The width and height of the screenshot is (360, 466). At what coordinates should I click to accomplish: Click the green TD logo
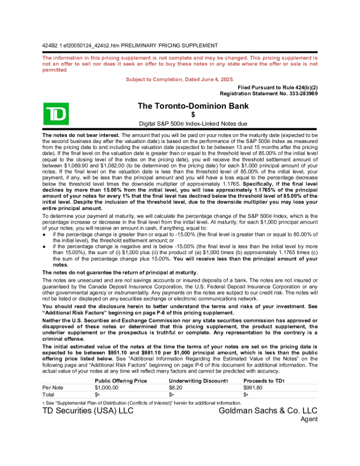tap(56, 114)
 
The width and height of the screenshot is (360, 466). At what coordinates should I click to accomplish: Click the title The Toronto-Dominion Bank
tap(192, 106)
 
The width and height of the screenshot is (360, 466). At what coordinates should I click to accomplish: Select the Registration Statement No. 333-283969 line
tap(268, 93)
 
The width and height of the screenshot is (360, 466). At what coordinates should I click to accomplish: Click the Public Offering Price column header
tap(121, 381)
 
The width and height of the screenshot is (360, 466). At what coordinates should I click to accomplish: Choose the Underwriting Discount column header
tap(197, 381)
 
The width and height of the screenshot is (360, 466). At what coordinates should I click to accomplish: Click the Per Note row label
tap(53, 388)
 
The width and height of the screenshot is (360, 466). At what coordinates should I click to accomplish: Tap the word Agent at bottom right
tap(309, 419)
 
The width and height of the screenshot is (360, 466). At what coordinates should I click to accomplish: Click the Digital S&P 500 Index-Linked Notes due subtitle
tap(180, 124)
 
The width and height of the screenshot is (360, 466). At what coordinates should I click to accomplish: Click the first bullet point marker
tap(45, 234)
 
